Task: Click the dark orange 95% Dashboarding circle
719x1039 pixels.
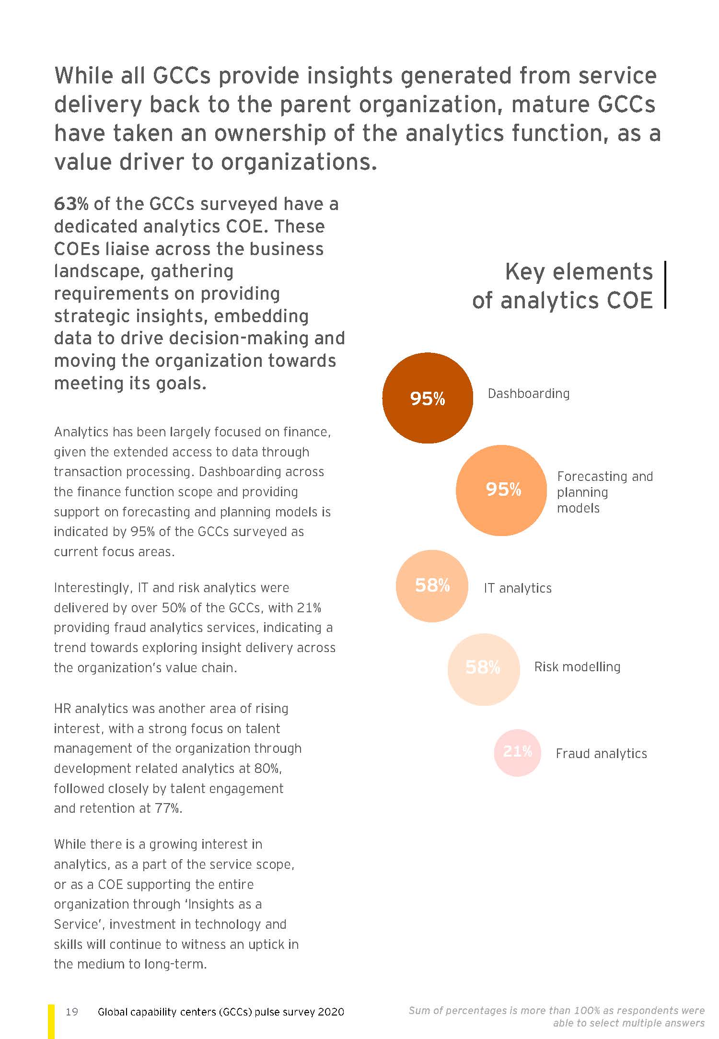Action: click(427, 398)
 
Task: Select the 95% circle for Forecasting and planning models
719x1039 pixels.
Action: click(501, 490)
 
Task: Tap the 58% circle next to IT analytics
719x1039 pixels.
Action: click(432, 585)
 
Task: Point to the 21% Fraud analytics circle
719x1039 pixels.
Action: click(517, 752)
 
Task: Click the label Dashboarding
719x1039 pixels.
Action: click(528, 394)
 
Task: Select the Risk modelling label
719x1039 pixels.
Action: click(577, 667)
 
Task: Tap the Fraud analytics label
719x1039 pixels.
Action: click(601, 754)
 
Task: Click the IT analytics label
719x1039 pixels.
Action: click(518, 588)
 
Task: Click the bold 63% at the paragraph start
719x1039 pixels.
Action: click(71, 204)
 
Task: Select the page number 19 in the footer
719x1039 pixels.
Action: click(72, 1012)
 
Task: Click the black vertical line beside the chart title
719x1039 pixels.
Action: click(665, 284)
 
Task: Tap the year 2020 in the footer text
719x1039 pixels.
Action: click(330, 1012)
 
